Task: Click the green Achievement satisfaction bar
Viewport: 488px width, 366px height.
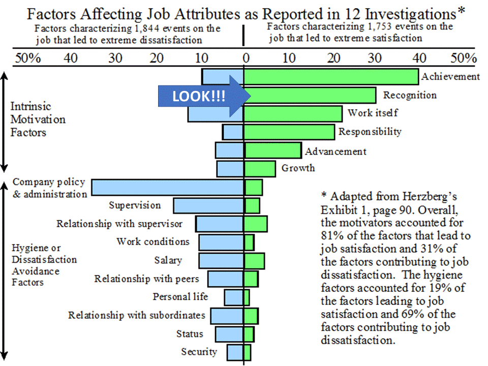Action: pos(331,76)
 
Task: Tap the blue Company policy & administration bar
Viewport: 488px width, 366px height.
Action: pos(168,188)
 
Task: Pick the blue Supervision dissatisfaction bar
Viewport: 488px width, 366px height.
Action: pos(208,205)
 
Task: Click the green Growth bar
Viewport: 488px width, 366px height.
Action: pos(260,169)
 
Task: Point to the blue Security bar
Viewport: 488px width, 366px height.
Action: pos(235,352)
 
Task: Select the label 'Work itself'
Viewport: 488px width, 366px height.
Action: pos(373,112)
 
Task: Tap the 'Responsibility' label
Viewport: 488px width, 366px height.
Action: pos(370,132)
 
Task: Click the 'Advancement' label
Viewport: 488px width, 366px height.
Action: pos(335,151)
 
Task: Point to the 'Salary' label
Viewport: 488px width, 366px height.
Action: pos(168,260)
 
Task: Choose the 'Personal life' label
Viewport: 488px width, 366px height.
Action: pos(180,296)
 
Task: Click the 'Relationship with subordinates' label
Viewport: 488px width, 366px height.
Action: pos(137,315)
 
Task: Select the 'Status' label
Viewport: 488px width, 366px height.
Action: pos(190,334)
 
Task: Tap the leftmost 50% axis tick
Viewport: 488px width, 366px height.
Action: pos(28,58)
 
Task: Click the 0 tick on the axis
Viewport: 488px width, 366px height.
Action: pos(246,58)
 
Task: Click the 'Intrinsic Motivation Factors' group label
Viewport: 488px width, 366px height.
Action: pos(38,120)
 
